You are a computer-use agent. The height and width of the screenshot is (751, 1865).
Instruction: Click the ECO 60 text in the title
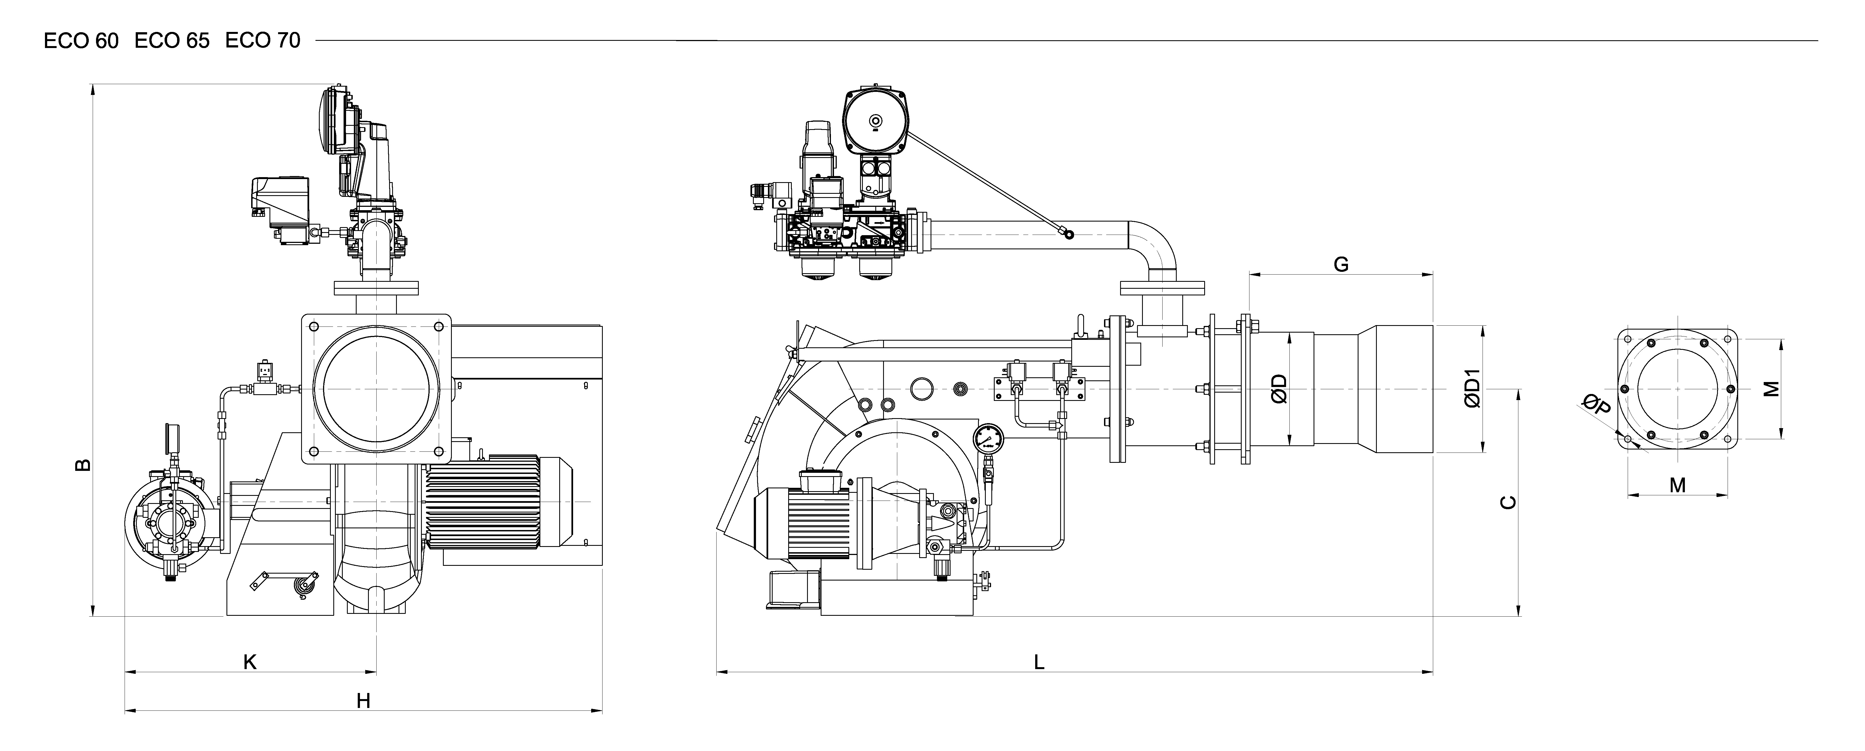(x=81, y=41)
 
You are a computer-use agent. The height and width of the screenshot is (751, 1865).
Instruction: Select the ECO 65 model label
(x=172, y=41)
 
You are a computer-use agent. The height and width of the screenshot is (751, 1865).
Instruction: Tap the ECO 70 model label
(x=262, y=41)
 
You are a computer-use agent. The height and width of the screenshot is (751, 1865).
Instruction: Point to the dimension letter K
(x=250, y=662)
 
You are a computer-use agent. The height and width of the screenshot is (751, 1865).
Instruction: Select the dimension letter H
(x=364, y=701)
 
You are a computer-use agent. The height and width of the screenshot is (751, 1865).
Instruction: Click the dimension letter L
(x=1039, y=662)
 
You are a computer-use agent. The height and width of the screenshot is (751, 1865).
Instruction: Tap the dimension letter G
(x=1341, y=264)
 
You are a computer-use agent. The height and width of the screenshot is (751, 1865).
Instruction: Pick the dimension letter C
(x=1508, y=502)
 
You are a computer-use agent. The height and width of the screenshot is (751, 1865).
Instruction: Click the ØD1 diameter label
(x=1473, y=389)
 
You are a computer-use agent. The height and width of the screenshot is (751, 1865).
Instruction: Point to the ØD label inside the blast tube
(x=1279, y=389)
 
